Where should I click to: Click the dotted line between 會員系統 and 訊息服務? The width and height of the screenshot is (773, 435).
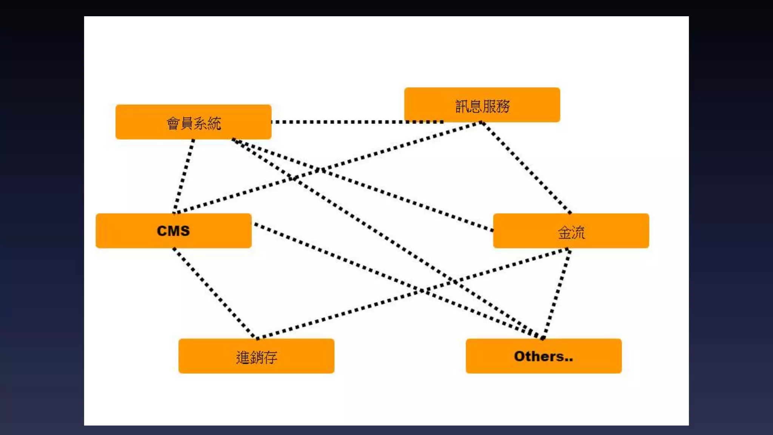pyautogui.click(x=340, y=122)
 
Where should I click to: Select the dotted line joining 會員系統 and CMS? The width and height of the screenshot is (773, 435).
pyautogui.click(x=184, y=176)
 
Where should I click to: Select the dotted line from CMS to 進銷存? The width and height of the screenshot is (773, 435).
pyautogui.click(x=214, y=293)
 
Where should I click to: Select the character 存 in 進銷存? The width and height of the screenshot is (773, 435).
pyautogui.click(x=270, y=357)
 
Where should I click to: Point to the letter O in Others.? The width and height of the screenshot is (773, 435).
pyautogui.click(x=520, y=356)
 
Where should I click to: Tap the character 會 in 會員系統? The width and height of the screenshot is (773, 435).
pyautogui.click(x=173, y=123)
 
